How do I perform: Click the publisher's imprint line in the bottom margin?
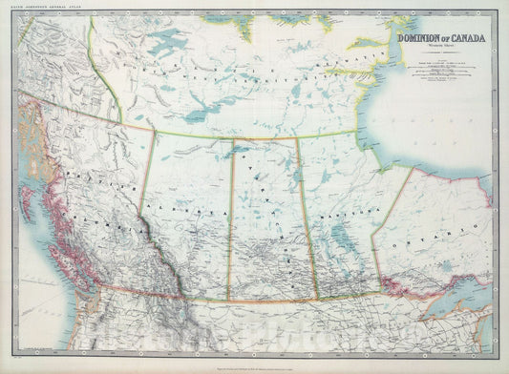click(x=254, y=365)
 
